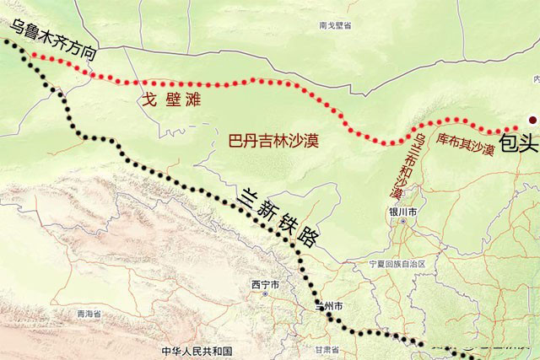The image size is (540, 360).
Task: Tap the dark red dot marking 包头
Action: (x=532, y=120)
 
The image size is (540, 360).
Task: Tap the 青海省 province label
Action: (x=89, y=313)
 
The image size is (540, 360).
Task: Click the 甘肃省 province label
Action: (x=327, y=349)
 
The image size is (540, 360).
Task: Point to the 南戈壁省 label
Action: (x=334, y=26)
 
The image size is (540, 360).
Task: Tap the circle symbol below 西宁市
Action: (x=265, y=295)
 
